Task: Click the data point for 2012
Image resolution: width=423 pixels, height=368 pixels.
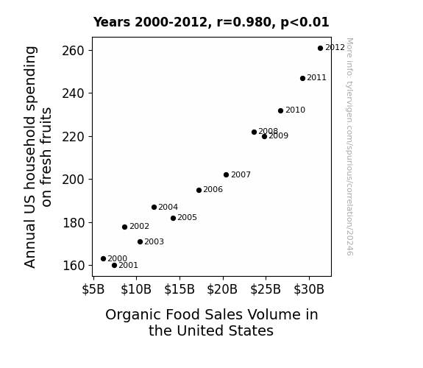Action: coord(320,49)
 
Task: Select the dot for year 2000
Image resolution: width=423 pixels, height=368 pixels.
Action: coord(103,258)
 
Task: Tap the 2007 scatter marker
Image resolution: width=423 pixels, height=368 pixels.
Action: coord(226,175)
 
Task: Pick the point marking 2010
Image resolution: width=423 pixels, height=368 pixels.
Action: coord(280,110)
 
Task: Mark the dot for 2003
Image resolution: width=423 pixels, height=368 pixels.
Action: coord(140,241)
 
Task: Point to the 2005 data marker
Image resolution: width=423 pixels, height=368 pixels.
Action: coord(173,218)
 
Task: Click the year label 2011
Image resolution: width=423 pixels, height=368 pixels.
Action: coord(316,78)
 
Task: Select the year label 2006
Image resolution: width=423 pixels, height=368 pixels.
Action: coord(213,190)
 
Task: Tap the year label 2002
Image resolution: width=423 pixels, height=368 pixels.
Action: coord(139,226)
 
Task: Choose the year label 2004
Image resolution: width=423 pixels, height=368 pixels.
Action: coord(168,207)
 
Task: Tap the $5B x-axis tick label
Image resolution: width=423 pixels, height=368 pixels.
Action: coord(93,289)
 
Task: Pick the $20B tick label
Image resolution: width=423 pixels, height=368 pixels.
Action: coord(222,289)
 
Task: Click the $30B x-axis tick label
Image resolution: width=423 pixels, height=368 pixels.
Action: coord(309,289)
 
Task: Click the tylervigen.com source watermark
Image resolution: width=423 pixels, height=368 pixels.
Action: coord(349,146)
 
